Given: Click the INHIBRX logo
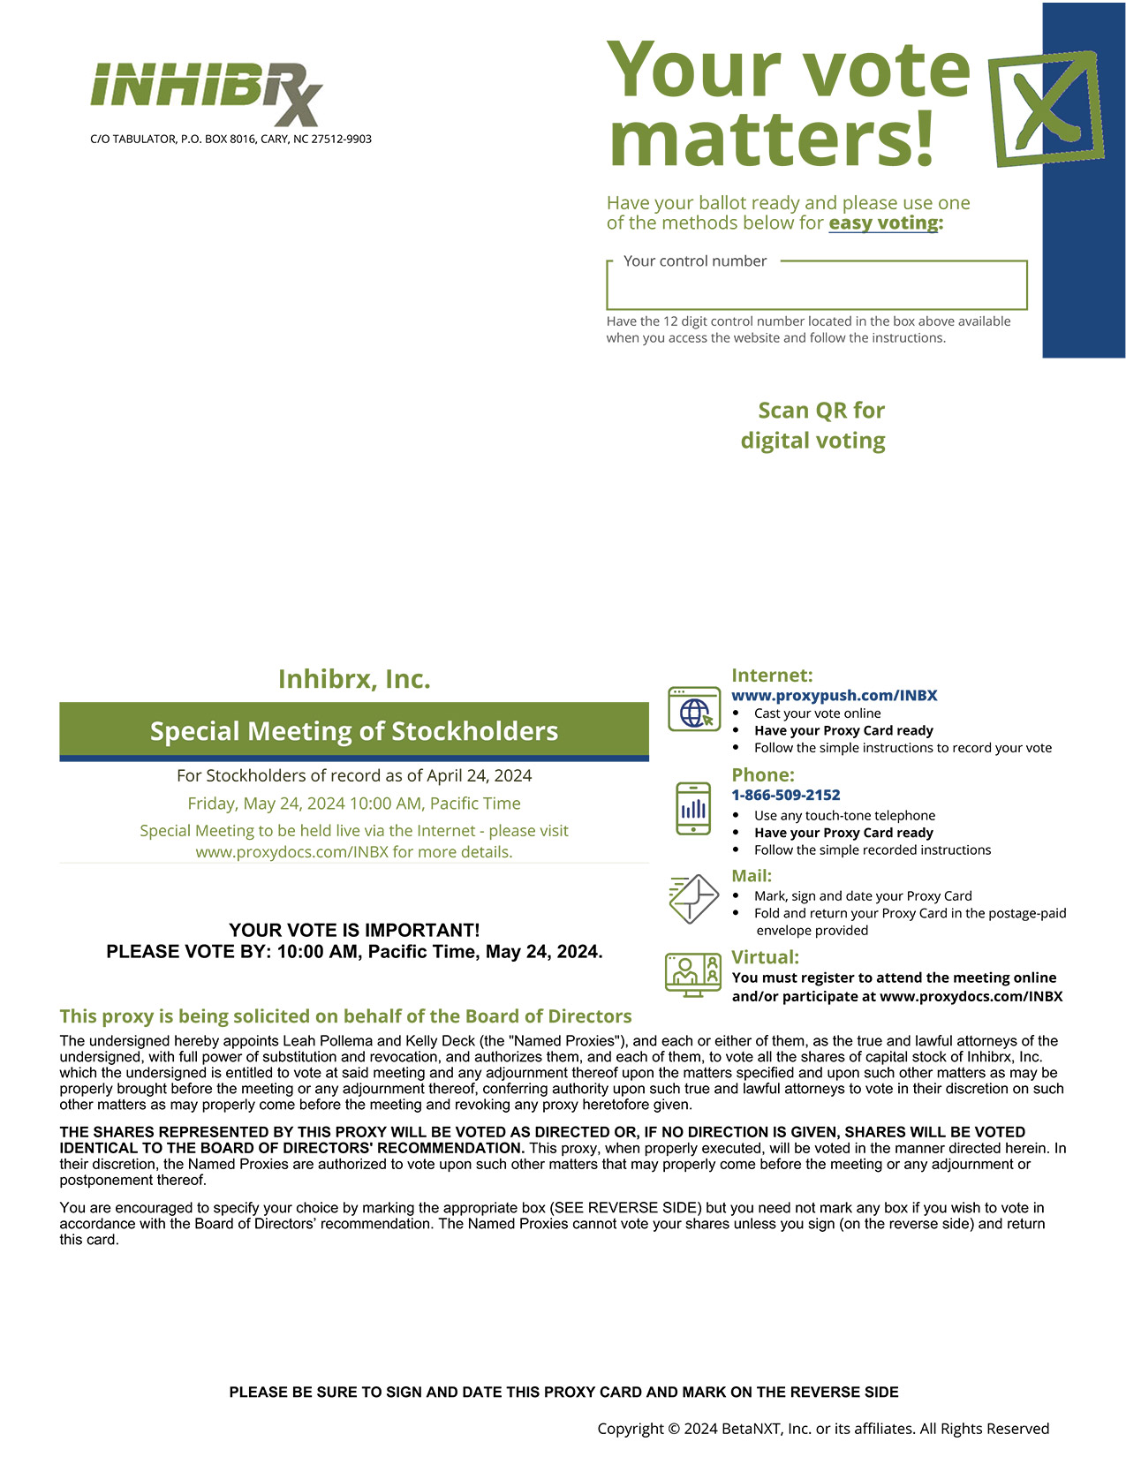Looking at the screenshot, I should [207, 92].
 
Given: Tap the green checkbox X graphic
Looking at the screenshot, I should [1046, 108].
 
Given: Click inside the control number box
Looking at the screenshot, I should [816, 289].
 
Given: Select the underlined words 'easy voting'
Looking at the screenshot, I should [883, 223].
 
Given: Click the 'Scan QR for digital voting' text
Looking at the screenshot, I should [813, 425].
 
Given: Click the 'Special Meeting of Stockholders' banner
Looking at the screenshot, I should [354, 731].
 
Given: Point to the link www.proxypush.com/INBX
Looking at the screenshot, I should [834, 696].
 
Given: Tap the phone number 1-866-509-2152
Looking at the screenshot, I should [785, 795].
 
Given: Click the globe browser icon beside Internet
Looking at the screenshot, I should [693, 709].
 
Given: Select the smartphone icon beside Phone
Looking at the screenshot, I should [693, 808].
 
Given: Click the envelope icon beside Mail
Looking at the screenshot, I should [693, 899].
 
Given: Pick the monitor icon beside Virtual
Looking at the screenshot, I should [693, 975].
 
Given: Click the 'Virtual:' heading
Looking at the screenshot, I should [765, 957].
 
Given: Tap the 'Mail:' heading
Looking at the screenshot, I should [752, 876].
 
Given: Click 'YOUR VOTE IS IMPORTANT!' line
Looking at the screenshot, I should [354, 931].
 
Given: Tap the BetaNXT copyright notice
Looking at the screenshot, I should [823, 1429].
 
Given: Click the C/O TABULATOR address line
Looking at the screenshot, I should [230, 140].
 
